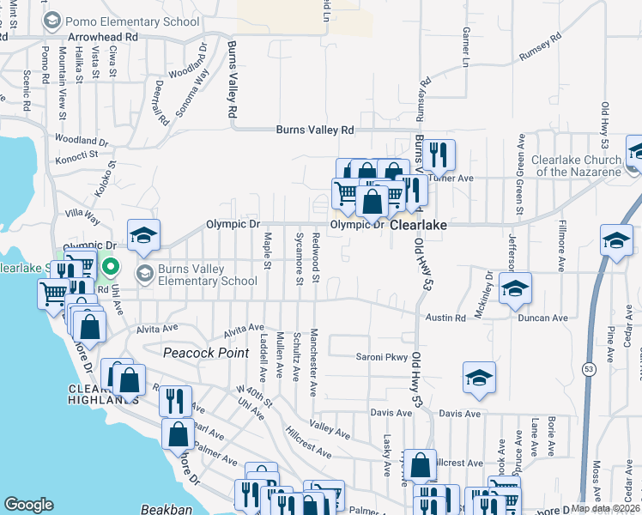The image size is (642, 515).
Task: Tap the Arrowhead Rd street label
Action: (105, 38)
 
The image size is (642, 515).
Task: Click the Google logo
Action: (28, 505)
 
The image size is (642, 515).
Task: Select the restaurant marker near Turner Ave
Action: (439, 154)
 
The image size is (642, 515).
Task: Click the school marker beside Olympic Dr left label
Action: (143, 235)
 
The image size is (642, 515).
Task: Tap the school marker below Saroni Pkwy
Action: (479, 376)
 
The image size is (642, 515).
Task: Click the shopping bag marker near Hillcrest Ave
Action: (420, 466)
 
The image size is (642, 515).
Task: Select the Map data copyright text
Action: (606, 508)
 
